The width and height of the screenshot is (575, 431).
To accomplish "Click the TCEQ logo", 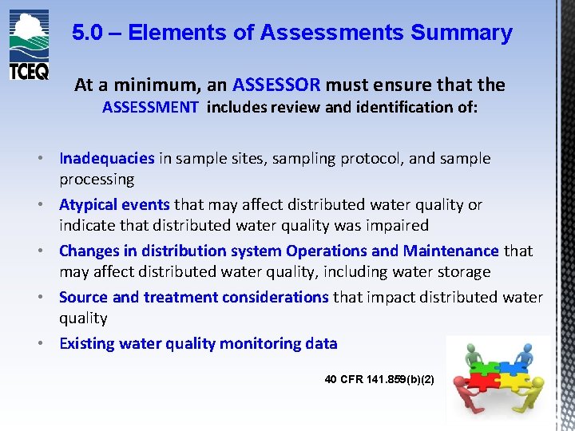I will point(29,45).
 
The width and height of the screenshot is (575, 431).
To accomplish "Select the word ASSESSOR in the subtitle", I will point(276,85).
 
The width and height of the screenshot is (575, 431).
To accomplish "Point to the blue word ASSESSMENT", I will point(150,108).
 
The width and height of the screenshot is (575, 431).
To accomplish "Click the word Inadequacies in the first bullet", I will point(107,158).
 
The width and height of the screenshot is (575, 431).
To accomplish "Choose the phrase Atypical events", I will point(114,204).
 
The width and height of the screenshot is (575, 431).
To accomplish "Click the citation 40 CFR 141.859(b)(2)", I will point(379,379).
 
